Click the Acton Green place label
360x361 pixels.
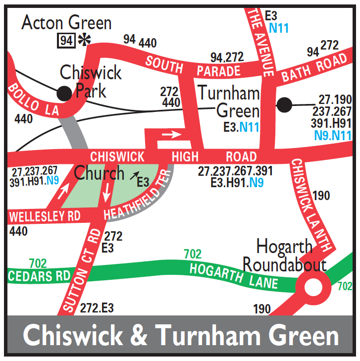click(x=67, y=22)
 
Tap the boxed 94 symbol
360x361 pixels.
click(x=66, y=40)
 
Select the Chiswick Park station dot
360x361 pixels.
click(x=63, y=92)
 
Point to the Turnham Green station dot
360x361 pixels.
click(x=284, y=104)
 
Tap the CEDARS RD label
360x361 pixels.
click(x=39, y=276)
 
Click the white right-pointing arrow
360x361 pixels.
click(x=171, y=134)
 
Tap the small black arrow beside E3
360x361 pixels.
click(x=133, y=175)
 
